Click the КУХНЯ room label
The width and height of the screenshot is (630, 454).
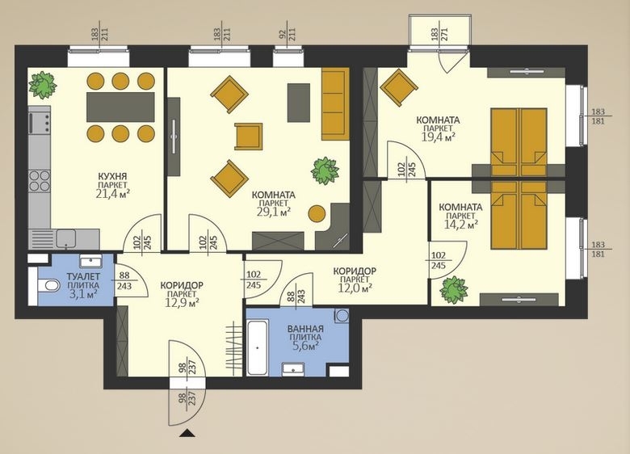coord(112,176)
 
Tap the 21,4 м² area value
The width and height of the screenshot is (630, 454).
coord(113,194)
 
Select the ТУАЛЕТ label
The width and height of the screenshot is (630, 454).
coord(83,276)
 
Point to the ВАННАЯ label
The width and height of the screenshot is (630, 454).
coord(305,329)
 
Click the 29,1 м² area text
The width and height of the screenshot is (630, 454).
coord(274,212)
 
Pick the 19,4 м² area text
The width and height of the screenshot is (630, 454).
coord(439,137)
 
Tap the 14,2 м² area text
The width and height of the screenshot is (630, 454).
coord(461,225)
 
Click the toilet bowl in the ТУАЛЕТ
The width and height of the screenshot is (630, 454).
coord(48,286)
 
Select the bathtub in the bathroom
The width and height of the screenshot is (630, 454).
coord(258,348)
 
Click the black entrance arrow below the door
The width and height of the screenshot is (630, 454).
coord(187,433)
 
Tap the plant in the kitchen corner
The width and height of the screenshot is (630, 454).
coord(42,85)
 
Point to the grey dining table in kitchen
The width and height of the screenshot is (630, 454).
coord(120,107)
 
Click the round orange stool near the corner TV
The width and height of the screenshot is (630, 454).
coord(317,214)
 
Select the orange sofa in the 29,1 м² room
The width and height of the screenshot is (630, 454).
coord(335,103)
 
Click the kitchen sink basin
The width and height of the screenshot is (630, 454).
coord(66,238)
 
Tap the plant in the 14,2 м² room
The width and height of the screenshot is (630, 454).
coord(453,290)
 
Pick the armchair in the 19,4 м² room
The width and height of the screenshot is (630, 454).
coord(398,88)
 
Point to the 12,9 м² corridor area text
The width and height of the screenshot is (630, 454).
coord(182,302)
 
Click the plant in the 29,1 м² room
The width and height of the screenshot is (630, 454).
coord(324,170)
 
